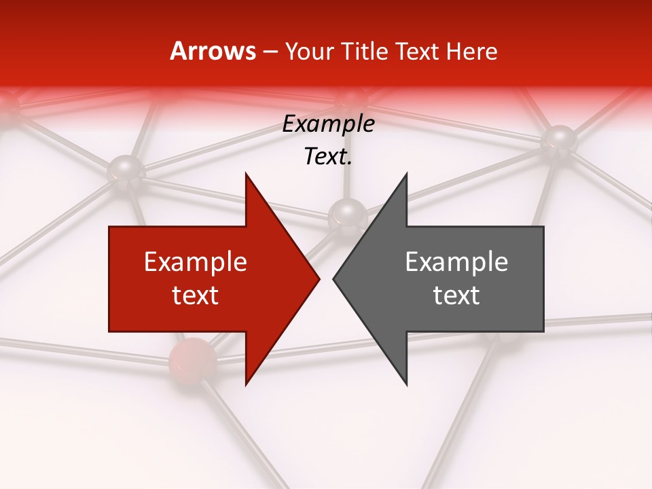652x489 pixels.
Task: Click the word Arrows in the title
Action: tap(213, 51)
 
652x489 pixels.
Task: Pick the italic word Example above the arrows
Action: tap(328, 124)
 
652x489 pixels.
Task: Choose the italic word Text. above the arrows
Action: tap(328, 157)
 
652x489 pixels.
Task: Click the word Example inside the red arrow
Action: tap(196, 262)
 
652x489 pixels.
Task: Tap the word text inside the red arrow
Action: tap(196, 295)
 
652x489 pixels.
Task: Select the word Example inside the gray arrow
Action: tap(456, 262)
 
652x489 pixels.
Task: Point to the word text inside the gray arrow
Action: tap(456, 295)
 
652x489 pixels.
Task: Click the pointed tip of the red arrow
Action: tap(319, 278)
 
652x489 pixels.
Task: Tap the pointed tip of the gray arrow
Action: tap(333, 278)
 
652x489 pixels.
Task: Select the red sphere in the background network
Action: tap(192, 360)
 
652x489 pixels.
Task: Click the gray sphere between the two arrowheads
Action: tap(347, 216)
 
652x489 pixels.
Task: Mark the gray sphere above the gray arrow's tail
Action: tap(559, 140)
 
